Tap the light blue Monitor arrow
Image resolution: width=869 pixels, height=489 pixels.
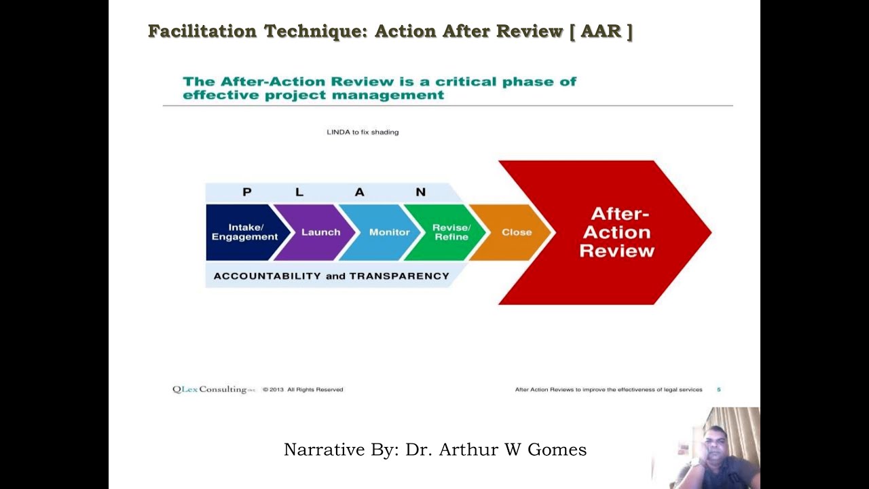tap(389, 232)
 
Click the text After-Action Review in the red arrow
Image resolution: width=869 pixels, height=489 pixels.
tap(616, 232)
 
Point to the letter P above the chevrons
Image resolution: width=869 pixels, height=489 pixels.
tap(246, 192)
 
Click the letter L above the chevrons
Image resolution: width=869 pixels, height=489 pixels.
tap(299, 192)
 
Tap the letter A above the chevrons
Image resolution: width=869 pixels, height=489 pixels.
tap(359, 192)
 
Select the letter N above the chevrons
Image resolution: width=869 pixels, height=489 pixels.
tap(420, 192)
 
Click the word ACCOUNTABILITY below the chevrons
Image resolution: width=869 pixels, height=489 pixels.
tap(267, 276)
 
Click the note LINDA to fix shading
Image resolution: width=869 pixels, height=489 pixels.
tap(363, 132)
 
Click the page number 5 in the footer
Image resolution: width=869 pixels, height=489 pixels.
tap(718, 390)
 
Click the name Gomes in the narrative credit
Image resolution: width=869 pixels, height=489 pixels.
tap(561, 450)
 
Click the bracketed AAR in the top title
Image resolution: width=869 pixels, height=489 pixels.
tap(602, 31)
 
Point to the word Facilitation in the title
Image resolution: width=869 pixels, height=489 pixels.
tap(202, 31)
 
